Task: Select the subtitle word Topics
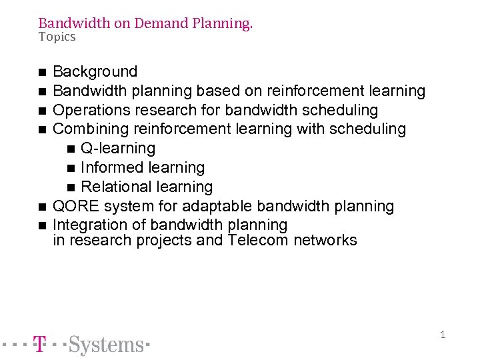[57, 37]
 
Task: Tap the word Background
[95, 71]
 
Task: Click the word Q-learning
[118, 148]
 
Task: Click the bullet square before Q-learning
[71, 149]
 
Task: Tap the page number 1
[442, 335]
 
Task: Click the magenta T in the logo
[40, 345]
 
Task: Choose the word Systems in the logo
[107, 345]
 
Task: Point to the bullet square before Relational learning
[71, 187]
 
